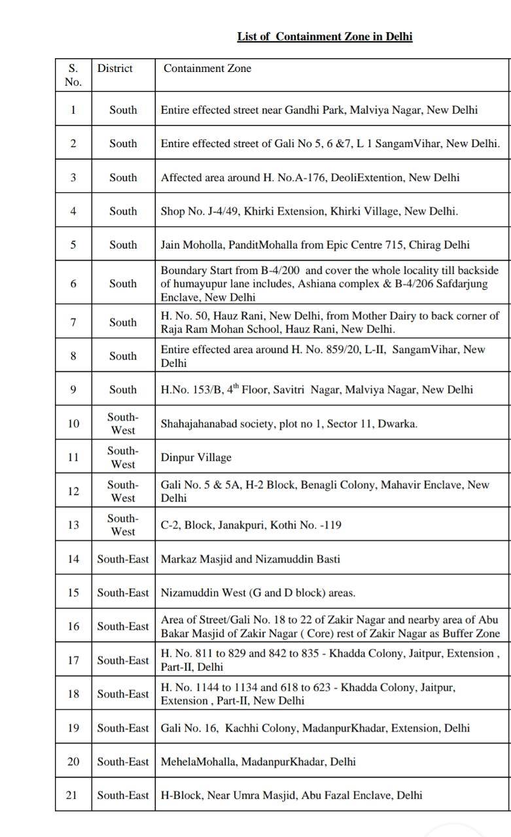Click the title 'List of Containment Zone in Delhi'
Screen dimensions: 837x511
[325, 37]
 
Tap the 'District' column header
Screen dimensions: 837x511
[115, 68]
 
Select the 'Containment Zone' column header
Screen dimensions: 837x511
[207, 68]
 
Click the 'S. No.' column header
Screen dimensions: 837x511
[73, 75]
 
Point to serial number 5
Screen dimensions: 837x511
[73, 245]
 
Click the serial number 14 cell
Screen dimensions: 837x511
[73, 559]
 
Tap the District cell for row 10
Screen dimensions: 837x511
[123, 424]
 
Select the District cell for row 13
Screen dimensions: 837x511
[123, 524]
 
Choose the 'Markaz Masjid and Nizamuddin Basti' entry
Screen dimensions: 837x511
[251, 559]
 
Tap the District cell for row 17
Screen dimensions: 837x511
[123, 660]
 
